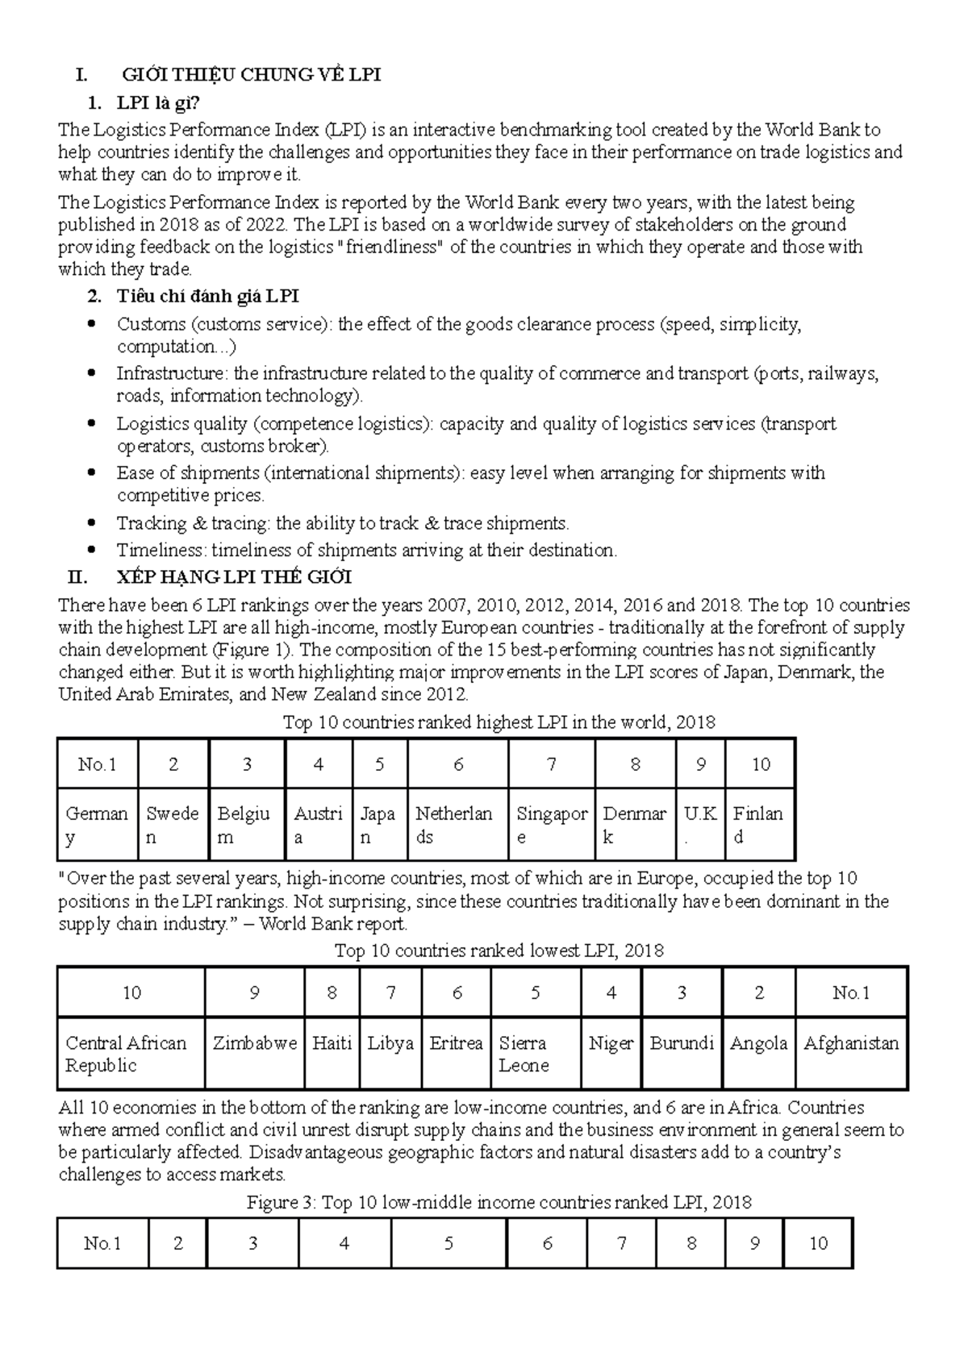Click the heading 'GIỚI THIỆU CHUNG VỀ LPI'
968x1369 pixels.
(x=251, y=75)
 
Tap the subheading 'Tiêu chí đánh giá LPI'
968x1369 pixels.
(x=207, y=297)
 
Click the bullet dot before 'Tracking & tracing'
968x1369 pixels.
(x=94, y=523)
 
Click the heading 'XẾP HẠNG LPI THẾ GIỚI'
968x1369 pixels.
(x=234, y=577)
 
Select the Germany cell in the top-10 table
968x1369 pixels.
(x=97, y=825)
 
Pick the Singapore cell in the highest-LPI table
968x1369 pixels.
(x=552, y=825)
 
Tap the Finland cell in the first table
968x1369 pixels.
(x=758, y=825)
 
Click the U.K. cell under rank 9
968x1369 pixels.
(x=700, y=825)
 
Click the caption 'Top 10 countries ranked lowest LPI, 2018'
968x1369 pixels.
(x=499, y=951)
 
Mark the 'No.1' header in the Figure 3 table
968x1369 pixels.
(x=102, y=1243)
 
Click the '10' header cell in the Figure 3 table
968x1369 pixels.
(x=818, y=1243)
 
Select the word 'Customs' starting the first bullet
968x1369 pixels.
(x=151, y=324)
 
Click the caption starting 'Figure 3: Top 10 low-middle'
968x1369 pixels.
(x=499, y=1203)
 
